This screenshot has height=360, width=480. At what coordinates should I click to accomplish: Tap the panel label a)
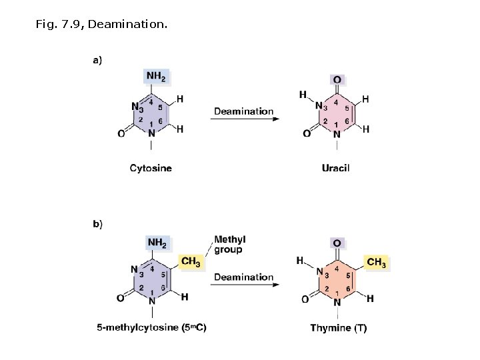[97, 61]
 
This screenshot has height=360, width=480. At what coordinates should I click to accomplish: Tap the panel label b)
[97, 224]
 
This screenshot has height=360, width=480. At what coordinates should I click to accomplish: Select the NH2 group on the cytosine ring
[156, 77]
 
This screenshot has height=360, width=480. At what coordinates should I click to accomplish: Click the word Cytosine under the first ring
[151, 168]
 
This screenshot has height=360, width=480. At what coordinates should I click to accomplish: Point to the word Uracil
[335, 168]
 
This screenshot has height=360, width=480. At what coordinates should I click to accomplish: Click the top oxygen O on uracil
[337, 80]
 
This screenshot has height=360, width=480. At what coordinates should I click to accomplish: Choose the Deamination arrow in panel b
[244, 285]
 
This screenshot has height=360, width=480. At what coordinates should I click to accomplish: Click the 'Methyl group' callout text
[229, 245]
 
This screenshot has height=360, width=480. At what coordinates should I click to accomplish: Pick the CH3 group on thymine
[376, 263]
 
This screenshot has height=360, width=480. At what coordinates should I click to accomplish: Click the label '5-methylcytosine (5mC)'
[151, 328]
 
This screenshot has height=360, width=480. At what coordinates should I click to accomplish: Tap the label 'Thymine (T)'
[339, 328]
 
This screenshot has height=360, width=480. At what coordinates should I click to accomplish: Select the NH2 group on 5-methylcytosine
[156, 243]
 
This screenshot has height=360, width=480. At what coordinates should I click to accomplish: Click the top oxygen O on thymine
[337, 245]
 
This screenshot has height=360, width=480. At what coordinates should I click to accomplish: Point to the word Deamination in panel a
[244, 111]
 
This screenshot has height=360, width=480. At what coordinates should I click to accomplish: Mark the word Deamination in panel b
[244, 277]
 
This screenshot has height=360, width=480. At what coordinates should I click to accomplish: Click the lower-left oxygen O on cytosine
[121, 134]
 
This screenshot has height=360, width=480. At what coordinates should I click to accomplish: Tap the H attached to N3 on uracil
[303, 95]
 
